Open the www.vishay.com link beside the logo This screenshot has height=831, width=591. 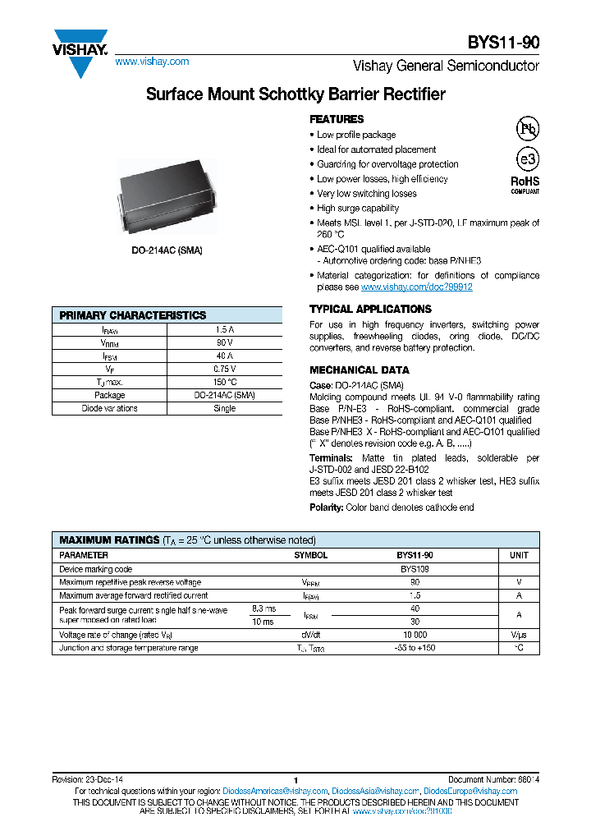point(152,62)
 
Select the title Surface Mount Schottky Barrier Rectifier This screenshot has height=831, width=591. point(295,94)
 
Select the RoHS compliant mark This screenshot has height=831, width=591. point(525,183)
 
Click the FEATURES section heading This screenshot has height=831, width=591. point(337,119)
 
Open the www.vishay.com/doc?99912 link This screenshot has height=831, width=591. point(416,288)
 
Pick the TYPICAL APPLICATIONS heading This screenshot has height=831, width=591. point(370,309)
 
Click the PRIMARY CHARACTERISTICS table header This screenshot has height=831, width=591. point(133,315)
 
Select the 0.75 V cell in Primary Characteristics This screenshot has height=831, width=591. point(224,369)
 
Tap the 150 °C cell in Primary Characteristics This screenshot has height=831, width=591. point(224,382)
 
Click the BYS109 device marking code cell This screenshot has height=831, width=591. point(415,569)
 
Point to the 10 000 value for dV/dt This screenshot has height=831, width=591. point(415,635)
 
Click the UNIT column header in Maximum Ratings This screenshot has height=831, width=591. point(519,555)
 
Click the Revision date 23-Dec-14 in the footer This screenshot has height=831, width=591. point(88,779)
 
